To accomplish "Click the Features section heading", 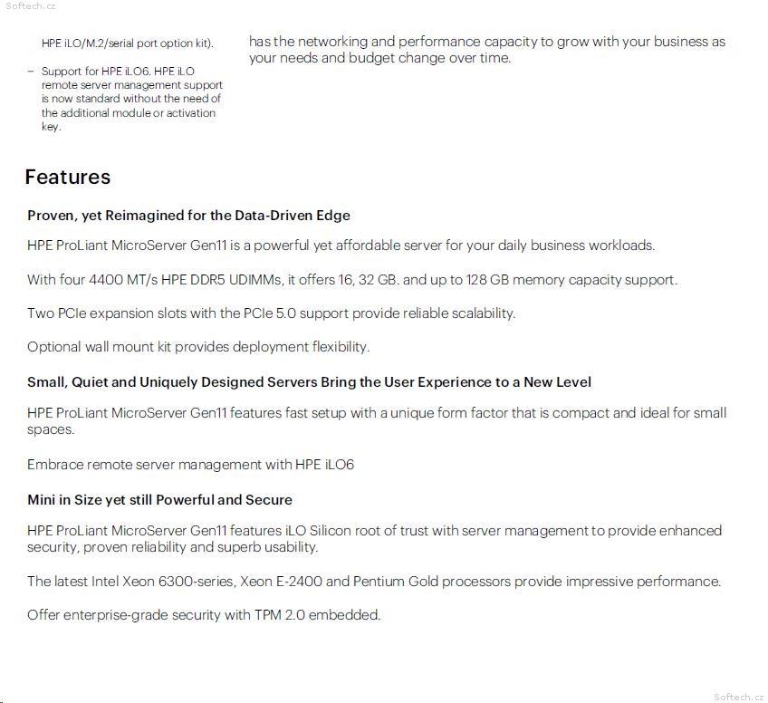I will [68, 177].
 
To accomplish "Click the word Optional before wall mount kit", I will [53, 347].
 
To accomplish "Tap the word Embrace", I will [55, 465].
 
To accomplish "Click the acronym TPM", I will [267, 615].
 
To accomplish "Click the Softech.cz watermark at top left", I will [30, 5].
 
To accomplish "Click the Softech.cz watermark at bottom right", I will [739, 696].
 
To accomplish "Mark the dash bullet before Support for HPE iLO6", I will [30, 71].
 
